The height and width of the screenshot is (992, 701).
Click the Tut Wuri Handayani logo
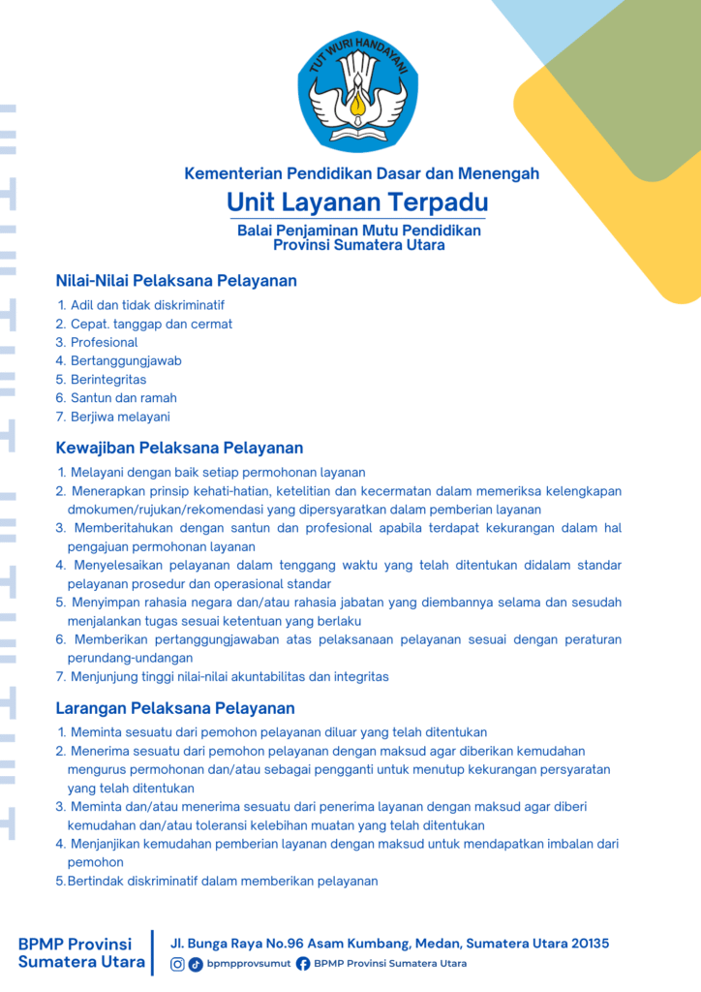coord(358,93)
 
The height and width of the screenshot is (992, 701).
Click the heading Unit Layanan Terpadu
coord(357,202)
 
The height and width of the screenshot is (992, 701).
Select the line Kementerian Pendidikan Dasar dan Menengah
coord(361,174)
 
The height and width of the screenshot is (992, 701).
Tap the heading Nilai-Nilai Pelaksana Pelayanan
coord(176,281)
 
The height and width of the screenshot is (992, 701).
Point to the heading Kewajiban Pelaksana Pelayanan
coord(179,448)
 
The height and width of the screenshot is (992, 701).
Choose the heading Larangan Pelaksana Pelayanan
coord(175,708)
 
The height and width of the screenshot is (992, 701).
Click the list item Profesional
coord(104,342)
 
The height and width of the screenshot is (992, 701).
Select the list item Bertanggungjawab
coord(126,360)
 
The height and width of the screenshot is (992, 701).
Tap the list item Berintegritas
coord(108,379)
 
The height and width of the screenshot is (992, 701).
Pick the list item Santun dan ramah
coord(123,397)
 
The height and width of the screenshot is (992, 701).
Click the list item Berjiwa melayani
coord(120,417)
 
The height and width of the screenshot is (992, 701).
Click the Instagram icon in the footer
coord(177,964)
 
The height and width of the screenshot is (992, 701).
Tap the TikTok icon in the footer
coord(196,964)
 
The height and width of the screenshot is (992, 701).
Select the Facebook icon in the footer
coord(303,964)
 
